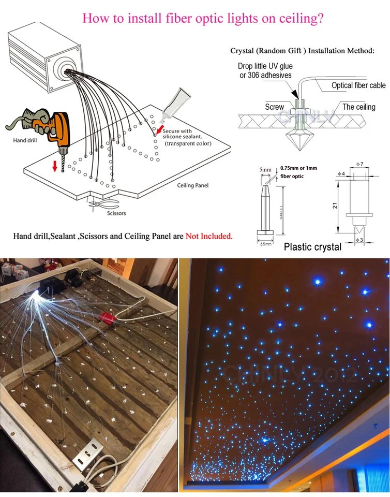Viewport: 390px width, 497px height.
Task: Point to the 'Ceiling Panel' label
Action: (x=192, y=185)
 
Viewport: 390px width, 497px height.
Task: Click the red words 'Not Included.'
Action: (x=209, y=236)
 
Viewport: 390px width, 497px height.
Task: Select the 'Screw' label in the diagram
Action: (x=274, y=107)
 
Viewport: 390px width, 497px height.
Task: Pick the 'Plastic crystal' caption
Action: (x=312, y=247)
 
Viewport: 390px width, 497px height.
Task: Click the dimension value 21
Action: (x=336, y=206)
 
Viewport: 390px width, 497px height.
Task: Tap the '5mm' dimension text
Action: (x=265, y=169)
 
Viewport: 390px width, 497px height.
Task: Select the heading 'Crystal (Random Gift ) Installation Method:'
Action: (x=302, y=51)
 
